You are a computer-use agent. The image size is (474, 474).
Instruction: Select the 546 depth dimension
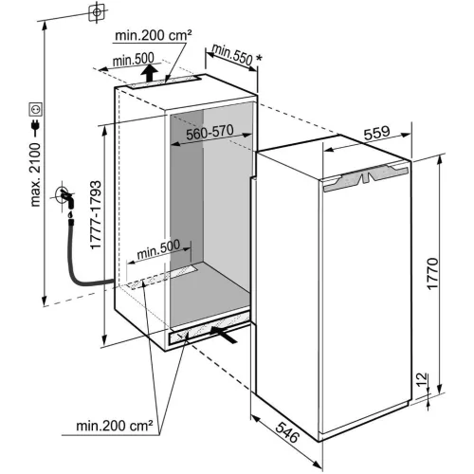[x=286, y=437]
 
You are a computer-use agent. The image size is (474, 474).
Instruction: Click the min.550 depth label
[x=232, y=56]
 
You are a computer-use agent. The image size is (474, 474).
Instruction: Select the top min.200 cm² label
[x=155, y=36]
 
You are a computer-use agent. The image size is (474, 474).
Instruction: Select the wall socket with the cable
[x=64, y=198]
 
